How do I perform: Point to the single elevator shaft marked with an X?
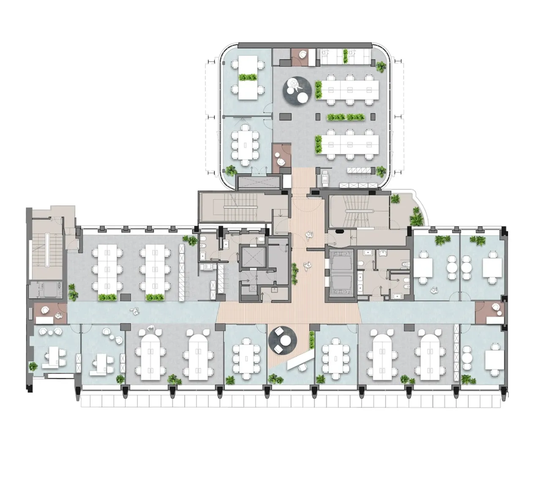pyautogui.click(x=252, y=257)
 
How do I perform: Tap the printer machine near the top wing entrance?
pyautogui.click(x=325, y=178)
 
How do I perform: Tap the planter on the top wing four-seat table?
pyautogui.click(x=248, y=77)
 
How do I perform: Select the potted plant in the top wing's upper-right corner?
pyautogui.click(x=381, y=66)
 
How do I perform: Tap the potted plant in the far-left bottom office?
pyautogui.click(x=33, y=366)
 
